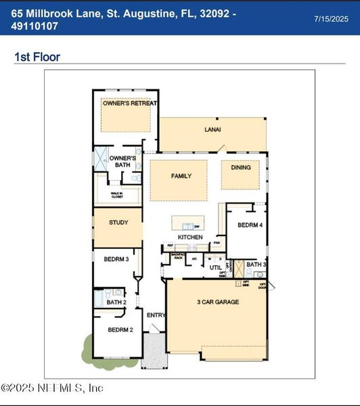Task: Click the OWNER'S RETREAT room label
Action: (129, 104)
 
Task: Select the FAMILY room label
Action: (181, 176)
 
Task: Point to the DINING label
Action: (241, 167)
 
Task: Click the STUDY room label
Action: (118, 222)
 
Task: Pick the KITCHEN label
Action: (190, 238)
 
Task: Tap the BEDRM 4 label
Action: (248, 225)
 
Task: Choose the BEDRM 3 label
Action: (116, 259)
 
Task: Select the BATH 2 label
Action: (116, 302)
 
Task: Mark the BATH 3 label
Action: (255, 265)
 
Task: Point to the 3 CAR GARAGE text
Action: (217, 302)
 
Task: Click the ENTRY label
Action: (155, 315)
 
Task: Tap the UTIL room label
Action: (215, 268)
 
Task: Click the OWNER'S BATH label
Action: (123, 161)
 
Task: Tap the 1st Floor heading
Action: (37, 57)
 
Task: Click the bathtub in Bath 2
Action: (99, 298)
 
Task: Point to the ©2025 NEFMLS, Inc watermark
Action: (52, 388)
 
